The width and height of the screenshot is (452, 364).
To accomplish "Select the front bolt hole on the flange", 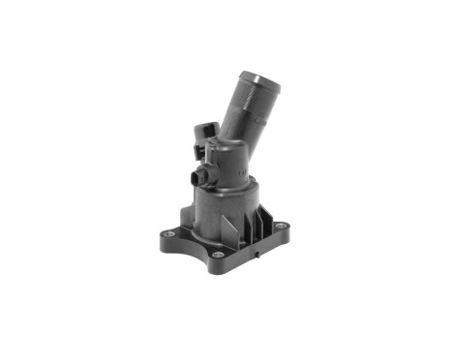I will click(219, 256).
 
